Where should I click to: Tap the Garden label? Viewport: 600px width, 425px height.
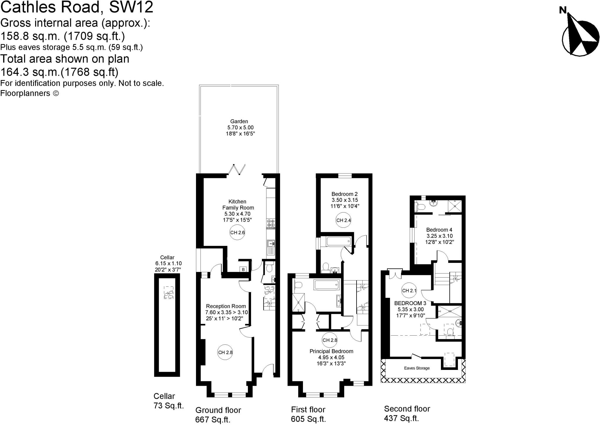tap(239, 121)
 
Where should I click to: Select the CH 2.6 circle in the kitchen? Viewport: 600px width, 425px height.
tap(237, 233)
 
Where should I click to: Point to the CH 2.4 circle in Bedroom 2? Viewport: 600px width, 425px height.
tap(343, 220)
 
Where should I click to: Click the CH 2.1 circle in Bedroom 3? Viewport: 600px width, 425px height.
tap(409, 291)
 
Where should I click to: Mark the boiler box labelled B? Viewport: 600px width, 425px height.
tap(243, 269)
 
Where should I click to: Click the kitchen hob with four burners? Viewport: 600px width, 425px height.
tap(271, 223)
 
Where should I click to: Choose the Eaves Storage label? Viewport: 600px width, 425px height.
tap(417, 368)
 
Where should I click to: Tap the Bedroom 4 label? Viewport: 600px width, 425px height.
tap(439, 230)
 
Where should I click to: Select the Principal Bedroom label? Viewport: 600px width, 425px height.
tap(331, 351)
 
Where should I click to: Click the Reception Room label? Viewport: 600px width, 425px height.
tap(226, 306)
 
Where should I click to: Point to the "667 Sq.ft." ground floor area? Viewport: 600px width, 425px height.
tap(213, 420)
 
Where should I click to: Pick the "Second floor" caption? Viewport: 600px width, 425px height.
tap(407, 409)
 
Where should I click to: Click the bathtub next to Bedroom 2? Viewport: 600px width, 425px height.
tap(338, 242)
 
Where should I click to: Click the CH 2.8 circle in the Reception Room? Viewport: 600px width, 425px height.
tap(225, 352)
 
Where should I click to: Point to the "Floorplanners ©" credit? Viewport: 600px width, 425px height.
tap(30, 93)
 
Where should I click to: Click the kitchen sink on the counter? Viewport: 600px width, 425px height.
tap(271, 243)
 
